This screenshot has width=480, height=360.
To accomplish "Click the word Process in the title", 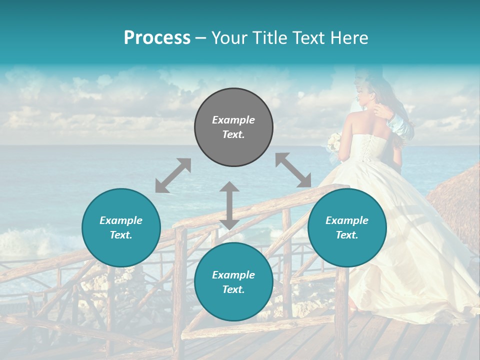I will tap(157, 38).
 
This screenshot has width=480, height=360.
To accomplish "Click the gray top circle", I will tap(233, 127).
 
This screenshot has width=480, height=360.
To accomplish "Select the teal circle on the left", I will tap(121, 227).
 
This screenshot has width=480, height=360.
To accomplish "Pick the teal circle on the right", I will tap(347, 227).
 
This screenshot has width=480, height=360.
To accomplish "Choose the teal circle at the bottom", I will tap(233, 282).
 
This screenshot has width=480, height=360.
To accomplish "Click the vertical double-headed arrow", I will tap(229, 205).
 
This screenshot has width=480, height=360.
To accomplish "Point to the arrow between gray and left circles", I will tap(173, 175).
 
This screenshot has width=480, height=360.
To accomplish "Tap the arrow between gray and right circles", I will tap(293, 170).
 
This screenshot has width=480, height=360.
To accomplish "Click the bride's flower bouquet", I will tap(333, 142).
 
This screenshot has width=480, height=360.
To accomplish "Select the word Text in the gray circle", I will tap(233, 134).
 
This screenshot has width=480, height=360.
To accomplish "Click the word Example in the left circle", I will tap(121, 220).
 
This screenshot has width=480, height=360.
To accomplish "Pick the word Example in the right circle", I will tap(347, 220).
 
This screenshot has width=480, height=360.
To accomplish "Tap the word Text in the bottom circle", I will tap(233, 289).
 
